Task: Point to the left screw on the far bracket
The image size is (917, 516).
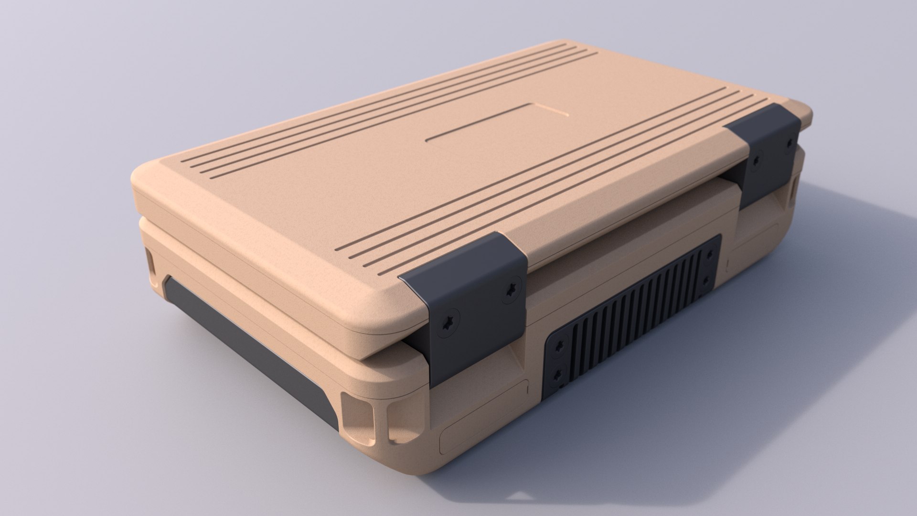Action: point(756,161)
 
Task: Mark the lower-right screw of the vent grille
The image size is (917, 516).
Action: point(707,279)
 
